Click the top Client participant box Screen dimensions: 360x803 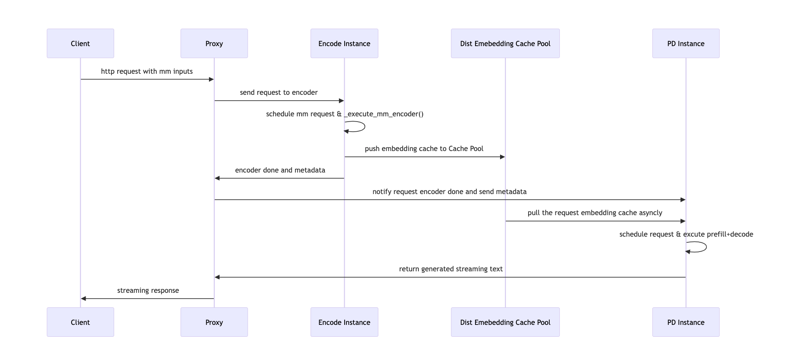click(80, 43)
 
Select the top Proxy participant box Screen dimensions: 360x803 click(214, 43)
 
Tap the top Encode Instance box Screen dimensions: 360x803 click(344, 43)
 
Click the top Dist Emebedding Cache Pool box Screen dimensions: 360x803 click(505, 43)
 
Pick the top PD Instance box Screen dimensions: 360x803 click(685, 43)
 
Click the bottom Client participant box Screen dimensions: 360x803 click(80, 322)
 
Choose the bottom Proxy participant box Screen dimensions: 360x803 click(214, 322)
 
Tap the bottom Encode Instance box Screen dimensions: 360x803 click(344, 322)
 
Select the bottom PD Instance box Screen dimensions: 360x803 click(685, 322)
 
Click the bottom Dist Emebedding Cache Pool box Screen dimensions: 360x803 click(505, 322)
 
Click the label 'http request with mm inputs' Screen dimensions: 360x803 click(147, 71)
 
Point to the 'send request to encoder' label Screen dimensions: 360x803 click(278, 93)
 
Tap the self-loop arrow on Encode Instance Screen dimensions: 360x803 click(364, 126)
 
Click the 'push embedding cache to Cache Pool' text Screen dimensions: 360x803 click(424, 149)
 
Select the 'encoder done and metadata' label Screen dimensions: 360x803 click(280, 170)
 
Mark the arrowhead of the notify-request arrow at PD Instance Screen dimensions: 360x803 click(683, 200)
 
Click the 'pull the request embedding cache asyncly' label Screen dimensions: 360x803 click(594, 213)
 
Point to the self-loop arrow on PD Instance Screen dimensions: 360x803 click(705, 247)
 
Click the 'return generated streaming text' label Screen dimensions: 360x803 click(450, 269)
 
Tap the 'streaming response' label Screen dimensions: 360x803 click(148, 291)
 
